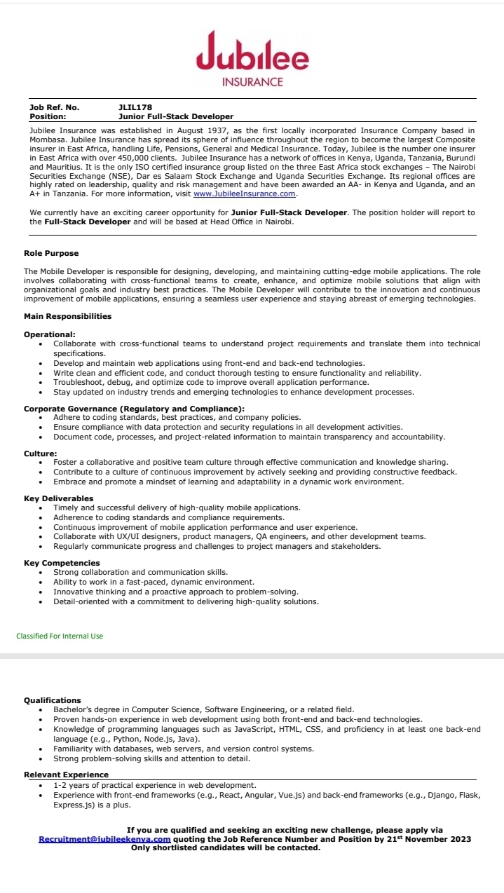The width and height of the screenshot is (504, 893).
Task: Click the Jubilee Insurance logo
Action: pos(252,60)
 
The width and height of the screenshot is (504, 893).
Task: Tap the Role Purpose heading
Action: pos(51,253)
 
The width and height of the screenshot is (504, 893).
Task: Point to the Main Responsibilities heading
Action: pos(67,316)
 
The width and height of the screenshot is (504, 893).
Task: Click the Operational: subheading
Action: pos(50,334)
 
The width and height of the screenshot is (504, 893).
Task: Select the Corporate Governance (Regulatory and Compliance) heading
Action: pos(134,408)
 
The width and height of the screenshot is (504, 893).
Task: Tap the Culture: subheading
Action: pos(40,454)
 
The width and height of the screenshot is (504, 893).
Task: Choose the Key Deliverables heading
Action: pos(58,498)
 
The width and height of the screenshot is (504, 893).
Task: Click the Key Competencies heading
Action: pos(62,563)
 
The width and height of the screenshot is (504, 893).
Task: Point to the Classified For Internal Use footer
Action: pos(60,636)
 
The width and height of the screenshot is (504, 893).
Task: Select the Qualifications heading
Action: pos(53,700)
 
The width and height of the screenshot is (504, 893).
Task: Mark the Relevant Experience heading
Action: pos(66,775)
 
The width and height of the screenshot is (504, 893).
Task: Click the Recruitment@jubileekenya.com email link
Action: pos(104,839)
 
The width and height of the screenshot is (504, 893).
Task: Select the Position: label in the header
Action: pos(48,116)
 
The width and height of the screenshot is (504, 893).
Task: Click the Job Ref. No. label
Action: pos(54,107)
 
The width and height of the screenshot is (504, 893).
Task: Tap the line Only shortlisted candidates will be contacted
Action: pos(226,847)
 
